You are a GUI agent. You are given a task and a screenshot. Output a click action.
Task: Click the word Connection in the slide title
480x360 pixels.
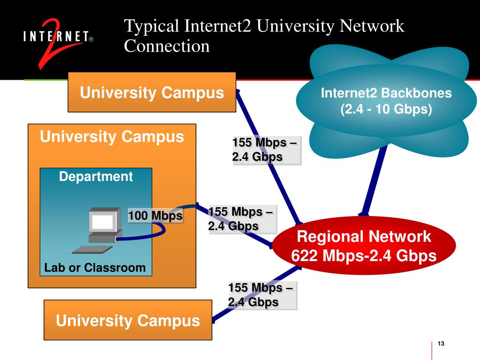[x=166, y=46]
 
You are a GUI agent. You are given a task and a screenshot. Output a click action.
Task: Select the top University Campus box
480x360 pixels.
[x=152, y=92]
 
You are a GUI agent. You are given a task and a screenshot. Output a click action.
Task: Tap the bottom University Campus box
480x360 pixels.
[x=128, y=321]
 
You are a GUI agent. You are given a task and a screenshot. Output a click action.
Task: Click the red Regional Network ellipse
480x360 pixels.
[x=364, y=246]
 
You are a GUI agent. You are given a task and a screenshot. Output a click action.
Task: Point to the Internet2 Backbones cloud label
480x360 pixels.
[x=386, y=93]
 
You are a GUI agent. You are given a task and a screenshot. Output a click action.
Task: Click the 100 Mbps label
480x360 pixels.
[x=156, y=216]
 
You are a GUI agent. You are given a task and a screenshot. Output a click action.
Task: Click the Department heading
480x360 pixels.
[x=96, y=177]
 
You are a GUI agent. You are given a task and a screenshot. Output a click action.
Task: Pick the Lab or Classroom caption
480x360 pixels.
[x=95, y=268]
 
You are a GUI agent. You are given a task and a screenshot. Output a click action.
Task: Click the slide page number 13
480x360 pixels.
[x=440, y=345]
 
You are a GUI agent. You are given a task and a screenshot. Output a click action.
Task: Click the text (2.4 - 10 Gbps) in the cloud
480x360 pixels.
[x=386, y=110]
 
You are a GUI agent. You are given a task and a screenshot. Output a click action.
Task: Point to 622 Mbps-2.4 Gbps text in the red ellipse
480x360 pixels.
[x=364, y=256]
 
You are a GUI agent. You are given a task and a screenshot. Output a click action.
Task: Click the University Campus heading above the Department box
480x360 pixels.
[x=112, y=137]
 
